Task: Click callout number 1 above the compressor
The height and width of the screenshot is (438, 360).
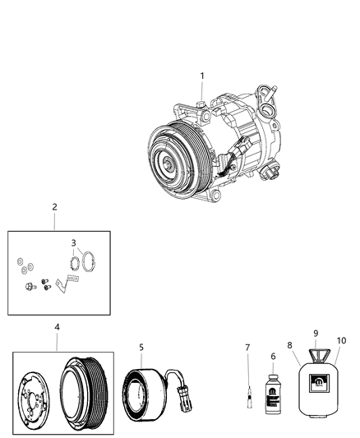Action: point(201,76)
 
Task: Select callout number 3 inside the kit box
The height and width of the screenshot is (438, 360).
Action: point(73,243)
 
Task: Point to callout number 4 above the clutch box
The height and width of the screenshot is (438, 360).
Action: point(57,326)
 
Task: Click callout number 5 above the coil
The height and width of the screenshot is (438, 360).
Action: point(141,347)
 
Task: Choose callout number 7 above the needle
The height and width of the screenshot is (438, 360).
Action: point(246,348)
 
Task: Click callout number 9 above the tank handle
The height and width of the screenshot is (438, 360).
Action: point(314,333)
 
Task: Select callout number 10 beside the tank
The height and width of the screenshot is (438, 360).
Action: point(341,340)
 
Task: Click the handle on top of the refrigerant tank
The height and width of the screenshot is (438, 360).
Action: point(316,354)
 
